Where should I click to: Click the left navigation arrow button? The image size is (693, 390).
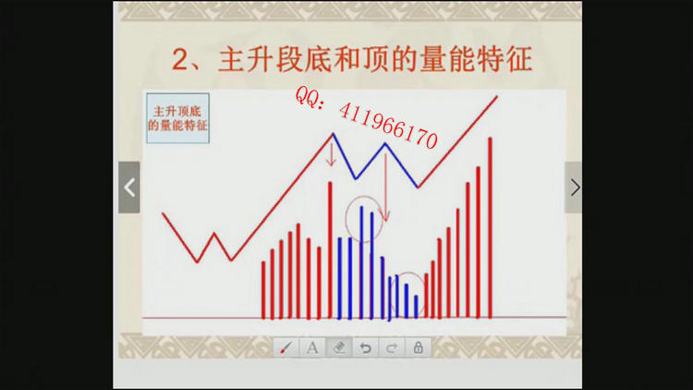pyautogui.click(x=129, y=188)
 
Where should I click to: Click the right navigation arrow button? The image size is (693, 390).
pyautogui.click(x=574, y=188)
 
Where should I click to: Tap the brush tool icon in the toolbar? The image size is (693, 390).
pyautogui.click(x=286, y=348)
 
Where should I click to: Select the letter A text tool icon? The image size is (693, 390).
pyautogui.click(x=312, y=348)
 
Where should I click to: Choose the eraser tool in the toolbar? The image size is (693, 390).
pyautogui.click(x=339, y=348)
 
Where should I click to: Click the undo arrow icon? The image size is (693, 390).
pyautogui.click(x=365, y=348)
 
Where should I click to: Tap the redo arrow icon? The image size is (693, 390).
pyautogui.click(x=392, y=348)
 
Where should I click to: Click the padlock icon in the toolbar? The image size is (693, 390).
pyautogui.click(x=418, y=348)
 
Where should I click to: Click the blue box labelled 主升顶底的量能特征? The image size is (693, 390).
pyautogui.click(x=177, y=118)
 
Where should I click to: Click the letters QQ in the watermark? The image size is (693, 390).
pyautogui.click(x=306, y=97)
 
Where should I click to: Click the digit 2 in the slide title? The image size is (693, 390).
pyautogui.click(x=180, y=60)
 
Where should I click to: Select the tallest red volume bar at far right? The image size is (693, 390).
pyautogui.click(x=490, y=227)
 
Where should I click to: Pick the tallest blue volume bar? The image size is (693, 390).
pyautogui.click(x=361, y=262)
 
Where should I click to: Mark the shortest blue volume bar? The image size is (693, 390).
pyautogui.click(x=416, y=307)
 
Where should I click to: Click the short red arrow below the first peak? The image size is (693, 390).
pyautogui.click(x=331, y=154)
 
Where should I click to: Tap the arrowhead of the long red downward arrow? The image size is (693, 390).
pyautogui.click(x=386, y=216)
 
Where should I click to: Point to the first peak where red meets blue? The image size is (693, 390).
pyautogui.click(x=333, y=133)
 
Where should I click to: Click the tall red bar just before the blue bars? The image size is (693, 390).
pyautogui.click(x=330, y=250)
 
